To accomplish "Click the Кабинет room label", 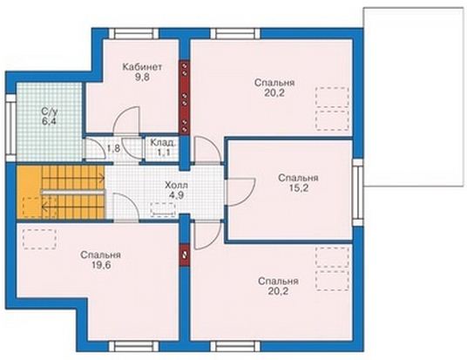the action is tap(142, 67).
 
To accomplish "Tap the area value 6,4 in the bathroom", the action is tap(49, 121).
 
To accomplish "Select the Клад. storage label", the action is tap(163, 142).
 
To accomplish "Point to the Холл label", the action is tap(176, 186).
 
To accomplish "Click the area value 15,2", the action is tap(298, 188).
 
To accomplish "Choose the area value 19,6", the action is tap(101, 265).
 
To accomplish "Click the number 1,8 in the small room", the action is tap(113, 148).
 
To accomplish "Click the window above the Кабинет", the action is tap(133, 33).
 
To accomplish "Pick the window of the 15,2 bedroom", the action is tap(358, 193).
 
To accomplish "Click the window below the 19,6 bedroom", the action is tap(133, 346).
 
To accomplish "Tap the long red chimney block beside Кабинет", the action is tap(185, 98).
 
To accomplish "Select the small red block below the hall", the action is tap(185, 255).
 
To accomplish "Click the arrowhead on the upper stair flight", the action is tap(103, 179).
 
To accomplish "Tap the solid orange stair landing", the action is tap(30, 192).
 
